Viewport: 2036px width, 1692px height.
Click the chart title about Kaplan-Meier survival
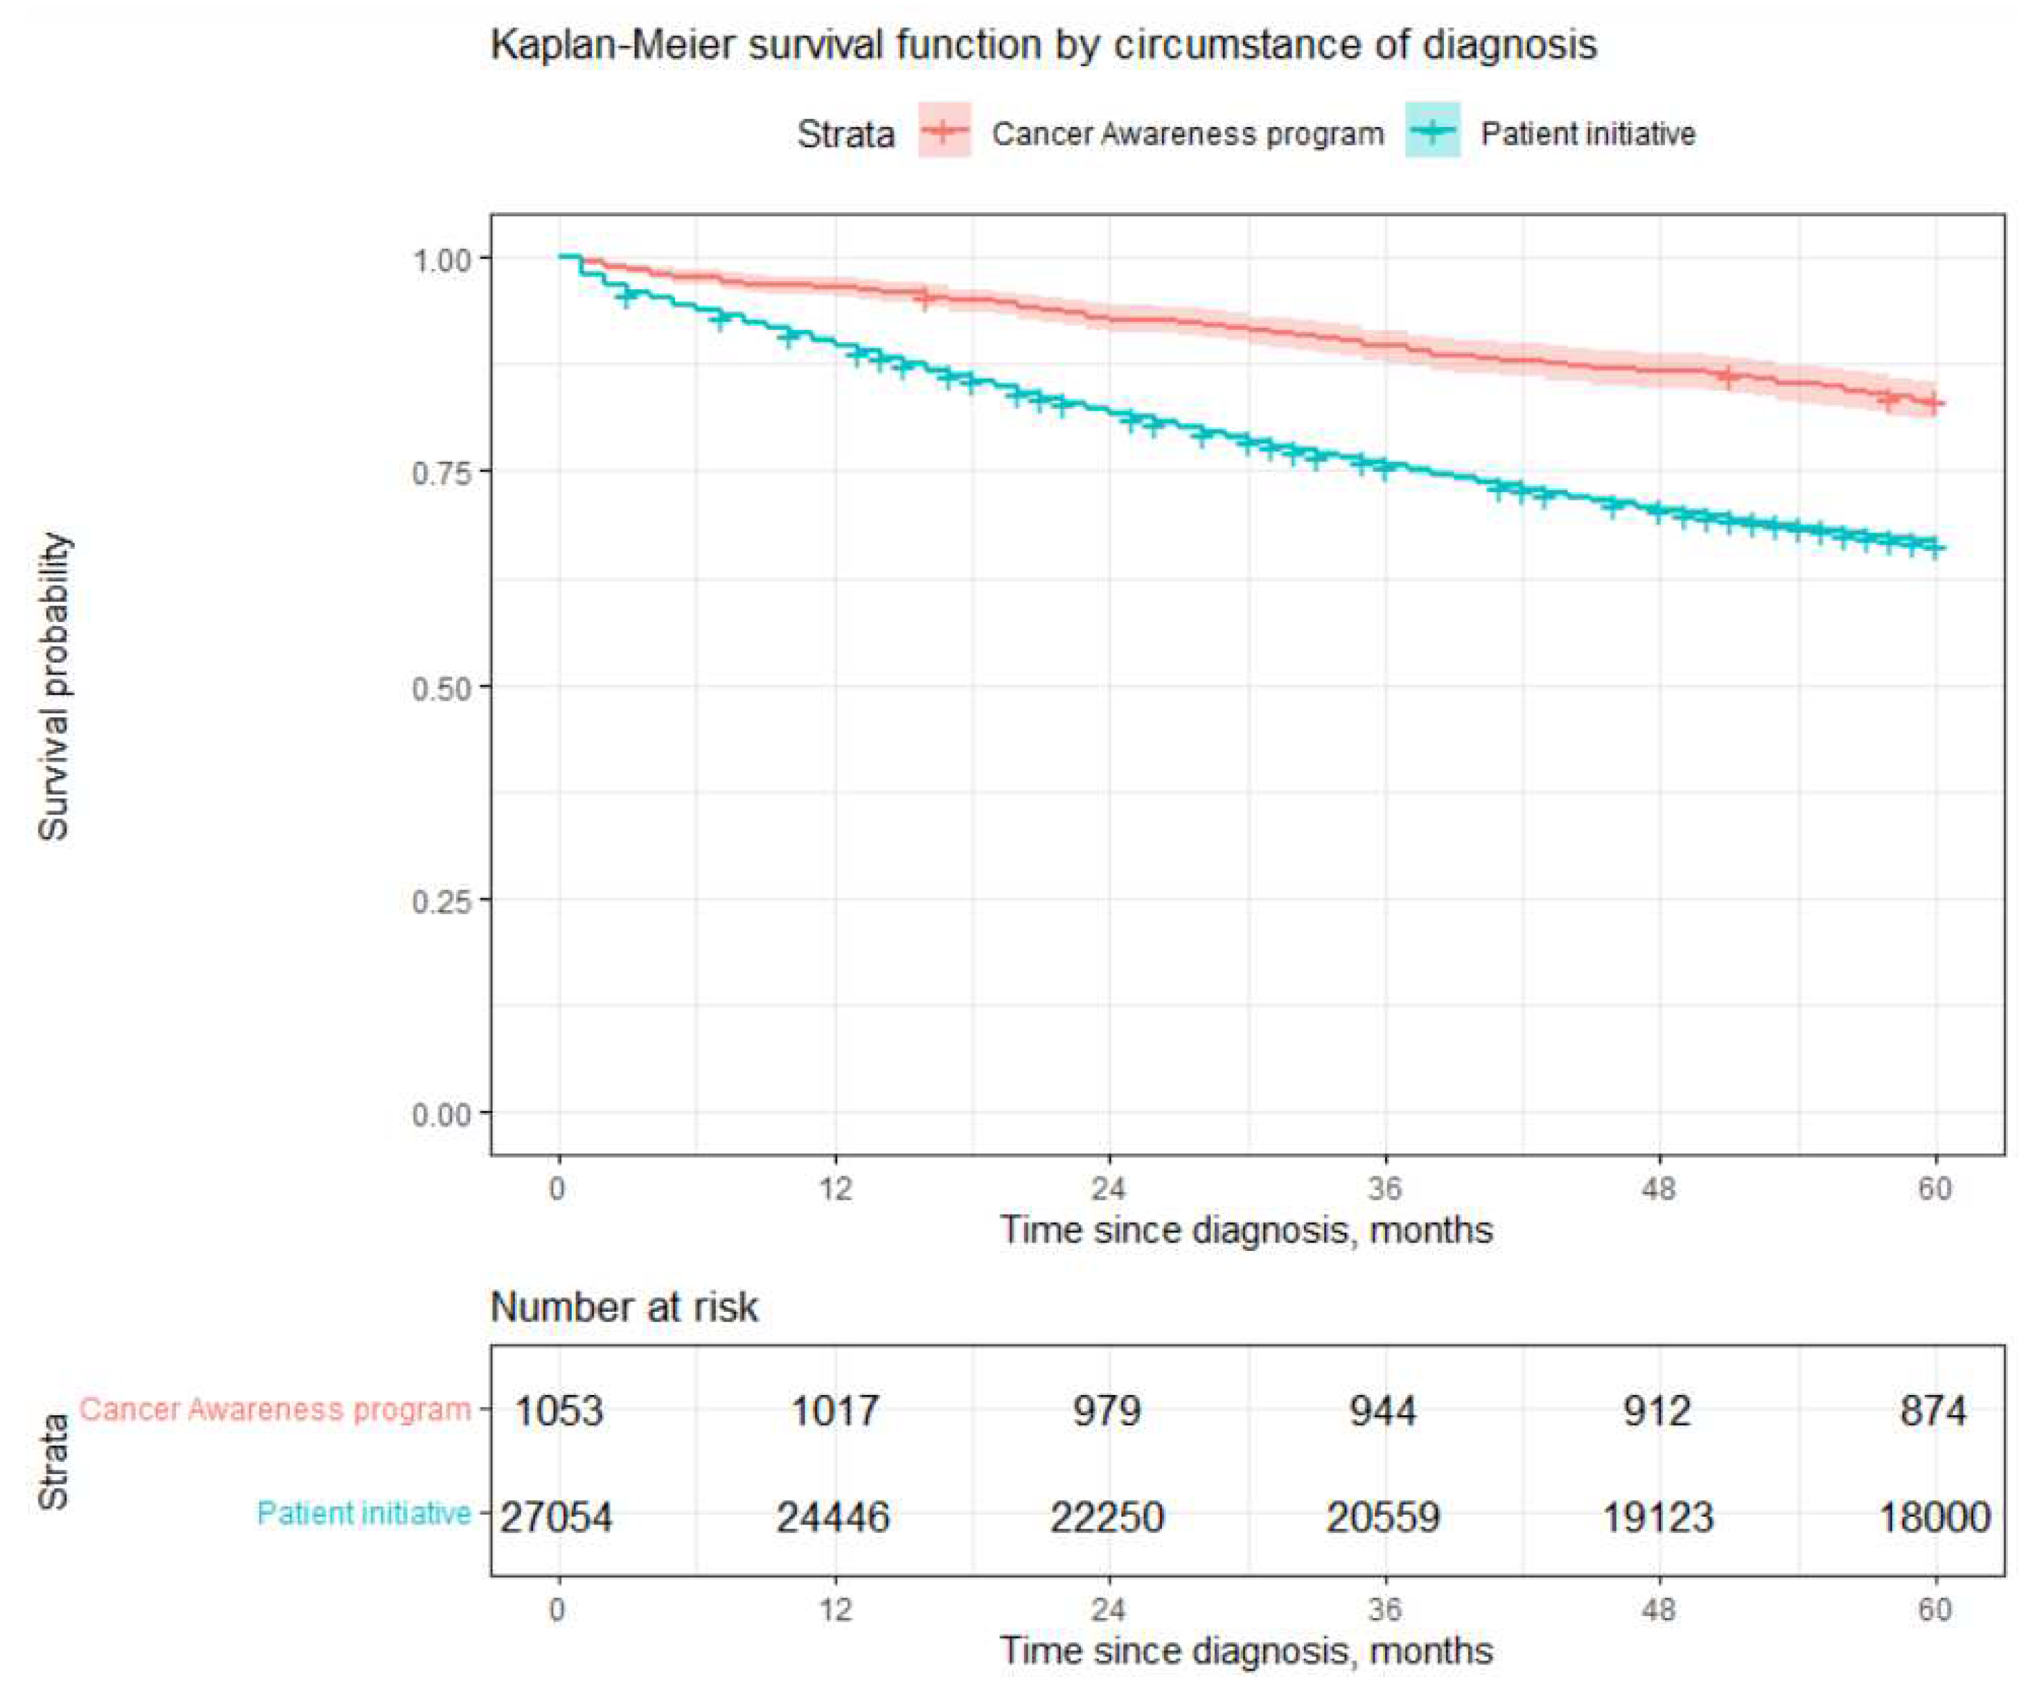tap(1044, 46)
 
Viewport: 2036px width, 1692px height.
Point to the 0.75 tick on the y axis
tap(440, 472)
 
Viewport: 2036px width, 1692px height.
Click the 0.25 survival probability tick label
tap(440, 901)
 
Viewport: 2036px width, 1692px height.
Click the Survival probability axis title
tap(55, 686)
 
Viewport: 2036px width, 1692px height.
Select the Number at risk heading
tap(623, 1308)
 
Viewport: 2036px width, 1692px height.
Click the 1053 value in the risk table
tap(559, 1411)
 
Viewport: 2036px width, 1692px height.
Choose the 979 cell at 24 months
tap(1107, 1411)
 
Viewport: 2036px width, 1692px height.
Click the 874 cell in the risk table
tap(1933, 1411)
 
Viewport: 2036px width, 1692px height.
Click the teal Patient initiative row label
tap(364, 1513)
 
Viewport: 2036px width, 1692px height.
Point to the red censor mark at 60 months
tap(1932, 402)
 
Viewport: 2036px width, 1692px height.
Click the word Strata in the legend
tap(845, 134)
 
